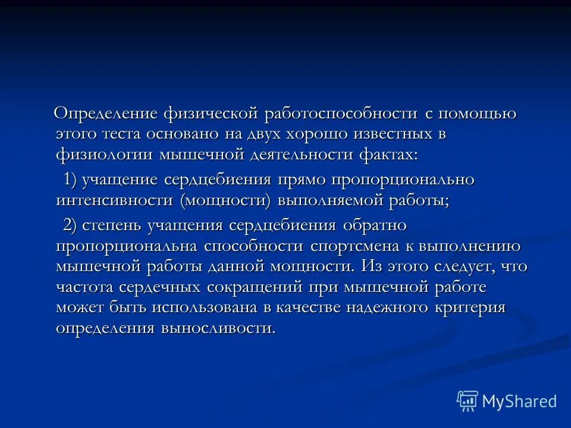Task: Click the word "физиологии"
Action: pyautogui.click(x=105, y=155)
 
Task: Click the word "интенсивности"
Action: pyautogui.click(x=116, y=201)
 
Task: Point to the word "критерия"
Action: pyautogui.click(x=472, y=309)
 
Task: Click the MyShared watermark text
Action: pyautogui.click(x=519, y=401)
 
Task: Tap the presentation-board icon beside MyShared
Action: pyautogui.click(x=467, y=401)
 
